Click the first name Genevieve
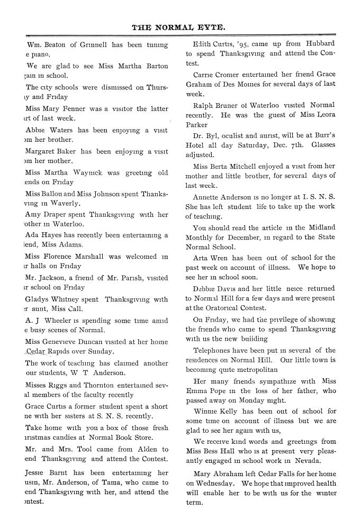coord(71,341)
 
